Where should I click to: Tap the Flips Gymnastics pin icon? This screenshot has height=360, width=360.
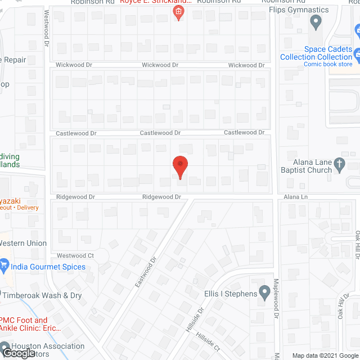[x=316, y=22]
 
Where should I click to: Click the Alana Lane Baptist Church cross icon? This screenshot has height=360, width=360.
[x=339, y=164]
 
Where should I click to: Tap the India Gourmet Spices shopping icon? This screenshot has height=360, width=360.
[x=3, y=264]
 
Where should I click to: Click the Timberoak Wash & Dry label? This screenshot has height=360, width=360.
[x=42, y=295]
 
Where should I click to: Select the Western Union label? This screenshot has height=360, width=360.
[x=22, y=243]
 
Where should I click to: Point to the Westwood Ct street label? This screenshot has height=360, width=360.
[x=75, y=256]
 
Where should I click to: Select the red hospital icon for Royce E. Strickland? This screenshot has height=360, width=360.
[x=179, y=12]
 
